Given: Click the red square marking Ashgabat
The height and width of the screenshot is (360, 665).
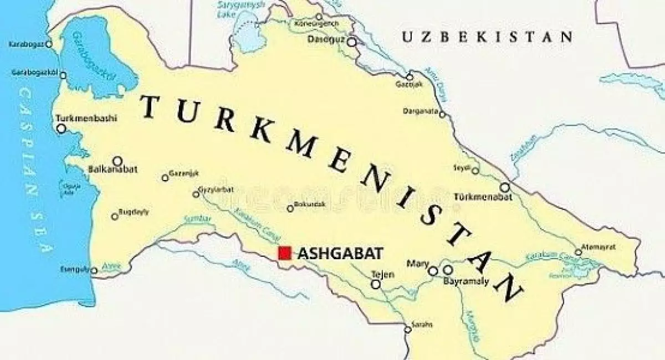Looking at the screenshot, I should click(x=285, y=253).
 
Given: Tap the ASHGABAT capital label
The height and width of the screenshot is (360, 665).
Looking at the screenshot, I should click(x=340, y=254).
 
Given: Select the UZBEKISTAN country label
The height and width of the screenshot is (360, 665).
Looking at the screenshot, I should click(x=487, y=37).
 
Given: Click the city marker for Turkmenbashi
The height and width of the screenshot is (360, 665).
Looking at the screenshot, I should click(x=62, y=128).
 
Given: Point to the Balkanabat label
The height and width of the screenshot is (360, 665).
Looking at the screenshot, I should click(x=112, y=169).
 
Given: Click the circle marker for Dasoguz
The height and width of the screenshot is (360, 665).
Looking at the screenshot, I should click(x=351, y=41).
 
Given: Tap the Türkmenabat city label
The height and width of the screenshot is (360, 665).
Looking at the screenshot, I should click(x=478, y=197).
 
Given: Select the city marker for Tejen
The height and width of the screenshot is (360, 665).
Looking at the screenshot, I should click(x=376, y=284).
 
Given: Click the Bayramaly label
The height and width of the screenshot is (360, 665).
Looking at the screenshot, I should click(x=466, y=281).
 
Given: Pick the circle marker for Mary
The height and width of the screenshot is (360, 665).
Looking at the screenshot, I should click(x=433, y=271).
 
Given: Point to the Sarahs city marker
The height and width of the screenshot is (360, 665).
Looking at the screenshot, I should click(x=408, y=330).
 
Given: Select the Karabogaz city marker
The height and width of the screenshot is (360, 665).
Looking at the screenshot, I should click(x=48, y=44).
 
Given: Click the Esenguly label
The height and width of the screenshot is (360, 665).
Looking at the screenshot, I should click(x=74, y=270).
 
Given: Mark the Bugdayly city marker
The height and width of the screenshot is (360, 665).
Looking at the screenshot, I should click(x=115, y=217).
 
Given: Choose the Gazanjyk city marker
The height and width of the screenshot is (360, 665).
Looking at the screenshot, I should click(x=165, y=178).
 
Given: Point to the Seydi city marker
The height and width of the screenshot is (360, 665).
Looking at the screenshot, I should click(x=475, y=171).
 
